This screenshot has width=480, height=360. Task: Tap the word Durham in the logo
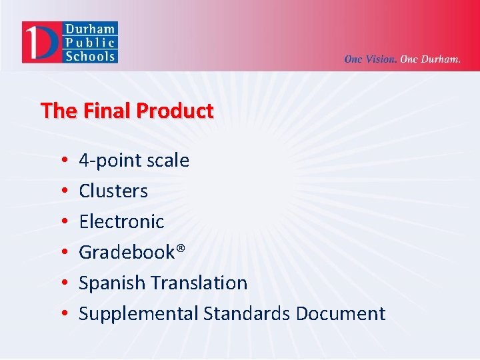point(90,29)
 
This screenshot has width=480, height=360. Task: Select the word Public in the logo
point(90,43)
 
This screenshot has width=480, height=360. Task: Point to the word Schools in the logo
point(90,56)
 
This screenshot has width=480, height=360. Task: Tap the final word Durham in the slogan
point(441,59)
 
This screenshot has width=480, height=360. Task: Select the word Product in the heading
point(175,111)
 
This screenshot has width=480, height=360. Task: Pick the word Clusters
point(113,191)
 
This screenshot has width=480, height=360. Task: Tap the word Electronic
point(121,221)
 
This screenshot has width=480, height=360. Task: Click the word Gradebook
point(127,252)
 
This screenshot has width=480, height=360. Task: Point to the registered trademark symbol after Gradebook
point(180,249)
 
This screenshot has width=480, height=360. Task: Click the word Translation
point(199,283)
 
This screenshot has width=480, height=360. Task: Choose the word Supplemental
point(139,314)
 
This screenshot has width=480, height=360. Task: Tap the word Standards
point(247,313)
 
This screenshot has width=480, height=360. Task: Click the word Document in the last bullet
point(341,313)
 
